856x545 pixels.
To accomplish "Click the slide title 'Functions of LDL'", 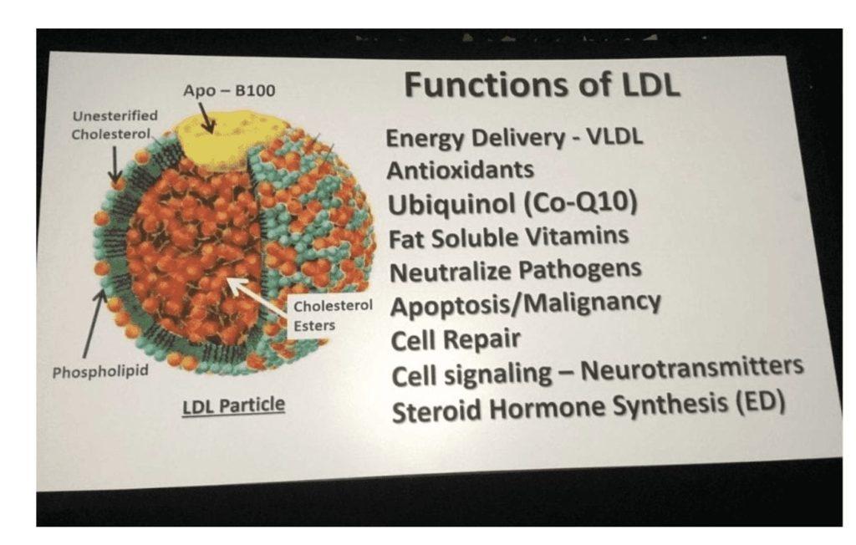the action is coord(542,85).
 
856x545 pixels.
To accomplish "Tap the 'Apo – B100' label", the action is coord(229,90).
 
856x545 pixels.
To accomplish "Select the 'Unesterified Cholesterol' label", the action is coord(115,125).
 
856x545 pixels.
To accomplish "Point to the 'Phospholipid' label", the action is coord(100,372).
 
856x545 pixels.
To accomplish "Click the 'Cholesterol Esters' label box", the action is coord(331,316).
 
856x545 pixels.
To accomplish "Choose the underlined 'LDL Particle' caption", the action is coord(234,405).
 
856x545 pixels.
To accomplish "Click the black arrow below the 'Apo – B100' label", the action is coord(206,117).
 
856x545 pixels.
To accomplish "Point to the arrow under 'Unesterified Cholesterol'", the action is coord(115,165).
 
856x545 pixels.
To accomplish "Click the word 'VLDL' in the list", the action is coord(614,136).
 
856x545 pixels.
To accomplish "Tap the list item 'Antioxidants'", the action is coord(461,171).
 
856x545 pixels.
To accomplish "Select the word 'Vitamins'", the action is coord(577,237).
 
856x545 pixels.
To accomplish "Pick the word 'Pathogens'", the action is coord(579,270).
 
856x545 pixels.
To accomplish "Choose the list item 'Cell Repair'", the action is coord(456,340).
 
